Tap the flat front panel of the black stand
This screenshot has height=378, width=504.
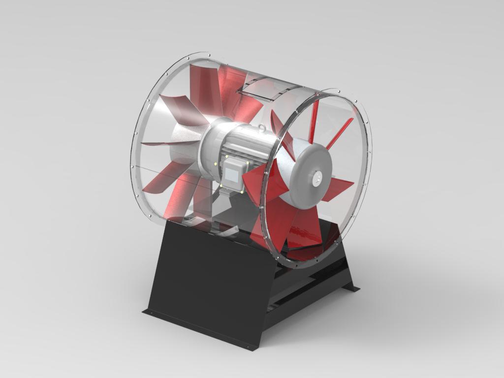tap(212, 281)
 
